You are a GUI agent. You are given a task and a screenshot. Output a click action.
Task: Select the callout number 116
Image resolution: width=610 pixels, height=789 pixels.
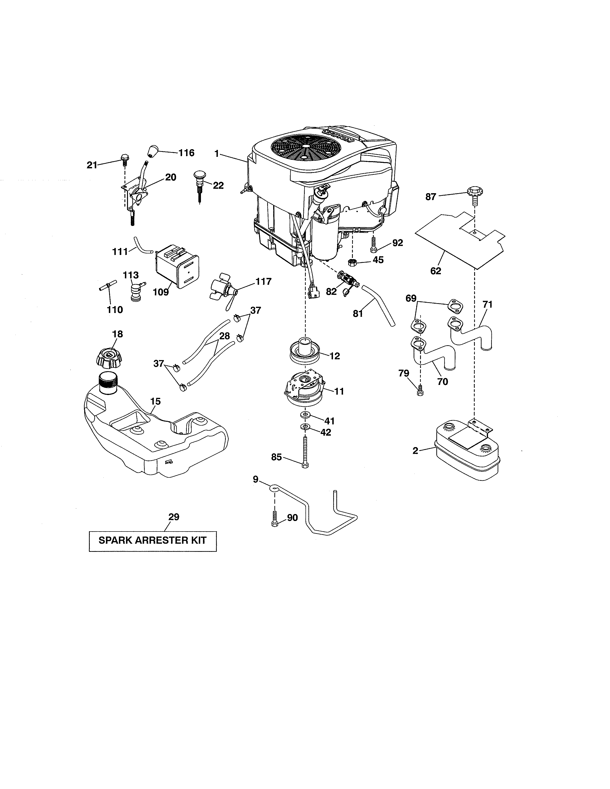coord(187,153)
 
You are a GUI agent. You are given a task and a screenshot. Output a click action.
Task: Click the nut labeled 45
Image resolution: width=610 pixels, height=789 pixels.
coord(350,262)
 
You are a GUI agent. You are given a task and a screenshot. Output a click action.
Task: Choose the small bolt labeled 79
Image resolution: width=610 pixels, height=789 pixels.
coord(420,391)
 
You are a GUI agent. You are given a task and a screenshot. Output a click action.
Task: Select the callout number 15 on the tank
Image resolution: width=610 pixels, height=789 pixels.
coord(155,401)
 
